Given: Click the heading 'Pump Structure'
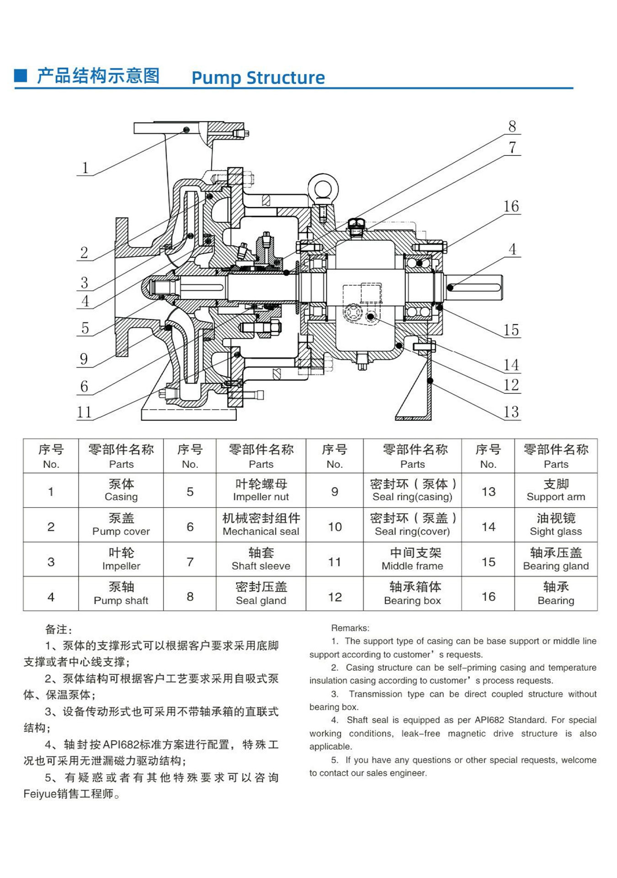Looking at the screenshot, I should coord(258,78).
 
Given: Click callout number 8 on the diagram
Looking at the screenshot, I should coord(512,126).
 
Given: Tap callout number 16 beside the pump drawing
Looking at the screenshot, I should coord(511,206).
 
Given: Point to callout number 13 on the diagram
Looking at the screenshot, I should coord(511,412).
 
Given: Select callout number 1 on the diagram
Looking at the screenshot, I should coord(85,168).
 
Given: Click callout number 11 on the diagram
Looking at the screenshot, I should coord(84,412).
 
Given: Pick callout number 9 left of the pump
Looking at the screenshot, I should coord(84,359).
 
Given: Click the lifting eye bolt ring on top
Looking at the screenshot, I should coord(322,187).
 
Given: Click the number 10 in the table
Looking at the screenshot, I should coord(335,527).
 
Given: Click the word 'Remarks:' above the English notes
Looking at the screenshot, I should coord(350,628).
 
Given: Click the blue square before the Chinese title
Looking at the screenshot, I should coord(21,75).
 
